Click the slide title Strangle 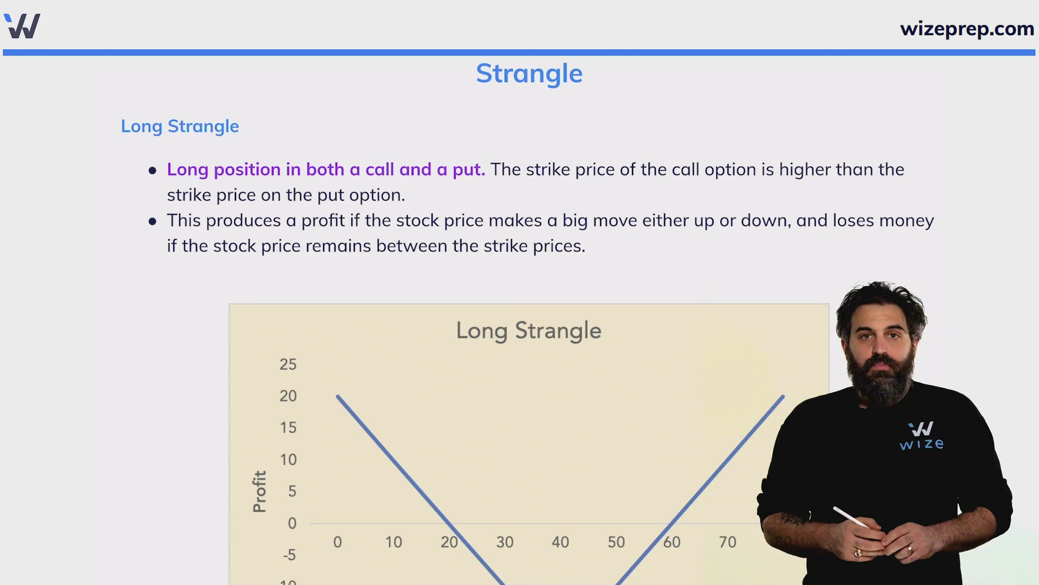tap(529, 74)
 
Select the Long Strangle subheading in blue tap(180, 126)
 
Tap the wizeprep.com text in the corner tap(967, 29)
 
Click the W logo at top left tap(22, 26)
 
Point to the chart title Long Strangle tap(529, 331)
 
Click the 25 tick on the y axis tap(288, 364)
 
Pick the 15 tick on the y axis tap(288, 427)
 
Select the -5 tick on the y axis tap(290, 555)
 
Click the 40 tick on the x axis tap(560, 542)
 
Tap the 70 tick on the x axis tap(727, 542)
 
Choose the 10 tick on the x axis tap(393, 542)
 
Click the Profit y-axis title tap(260, 491)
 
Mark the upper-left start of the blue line tap(337, 396)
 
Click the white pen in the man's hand tap(850, 517)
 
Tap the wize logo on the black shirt tap(922, 436)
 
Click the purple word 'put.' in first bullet tap(469, 170)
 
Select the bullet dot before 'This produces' tap(153, 222)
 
